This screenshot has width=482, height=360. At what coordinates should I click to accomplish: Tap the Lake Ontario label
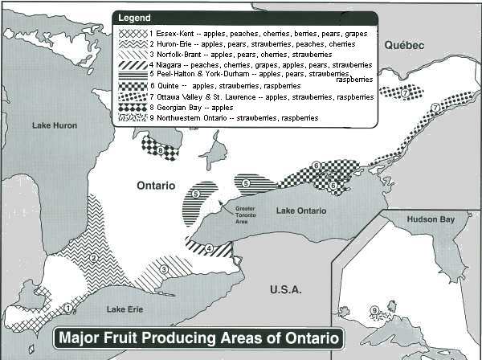pos(301,211)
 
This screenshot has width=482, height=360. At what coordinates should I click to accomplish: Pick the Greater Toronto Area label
pos(246,214)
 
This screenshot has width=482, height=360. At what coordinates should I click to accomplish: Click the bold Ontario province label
pos(155,185)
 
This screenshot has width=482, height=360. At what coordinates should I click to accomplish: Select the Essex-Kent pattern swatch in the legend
pos(132,35)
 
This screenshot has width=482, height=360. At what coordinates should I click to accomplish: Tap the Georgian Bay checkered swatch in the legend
pos(132,107)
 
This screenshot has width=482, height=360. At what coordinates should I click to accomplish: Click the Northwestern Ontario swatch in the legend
pos(132,117)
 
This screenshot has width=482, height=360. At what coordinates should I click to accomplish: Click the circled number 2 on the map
pos(94,258)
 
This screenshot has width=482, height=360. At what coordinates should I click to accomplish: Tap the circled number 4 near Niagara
pos(209,248)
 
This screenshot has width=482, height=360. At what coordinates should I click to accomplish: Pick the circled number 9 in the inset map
pos(374,311)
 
